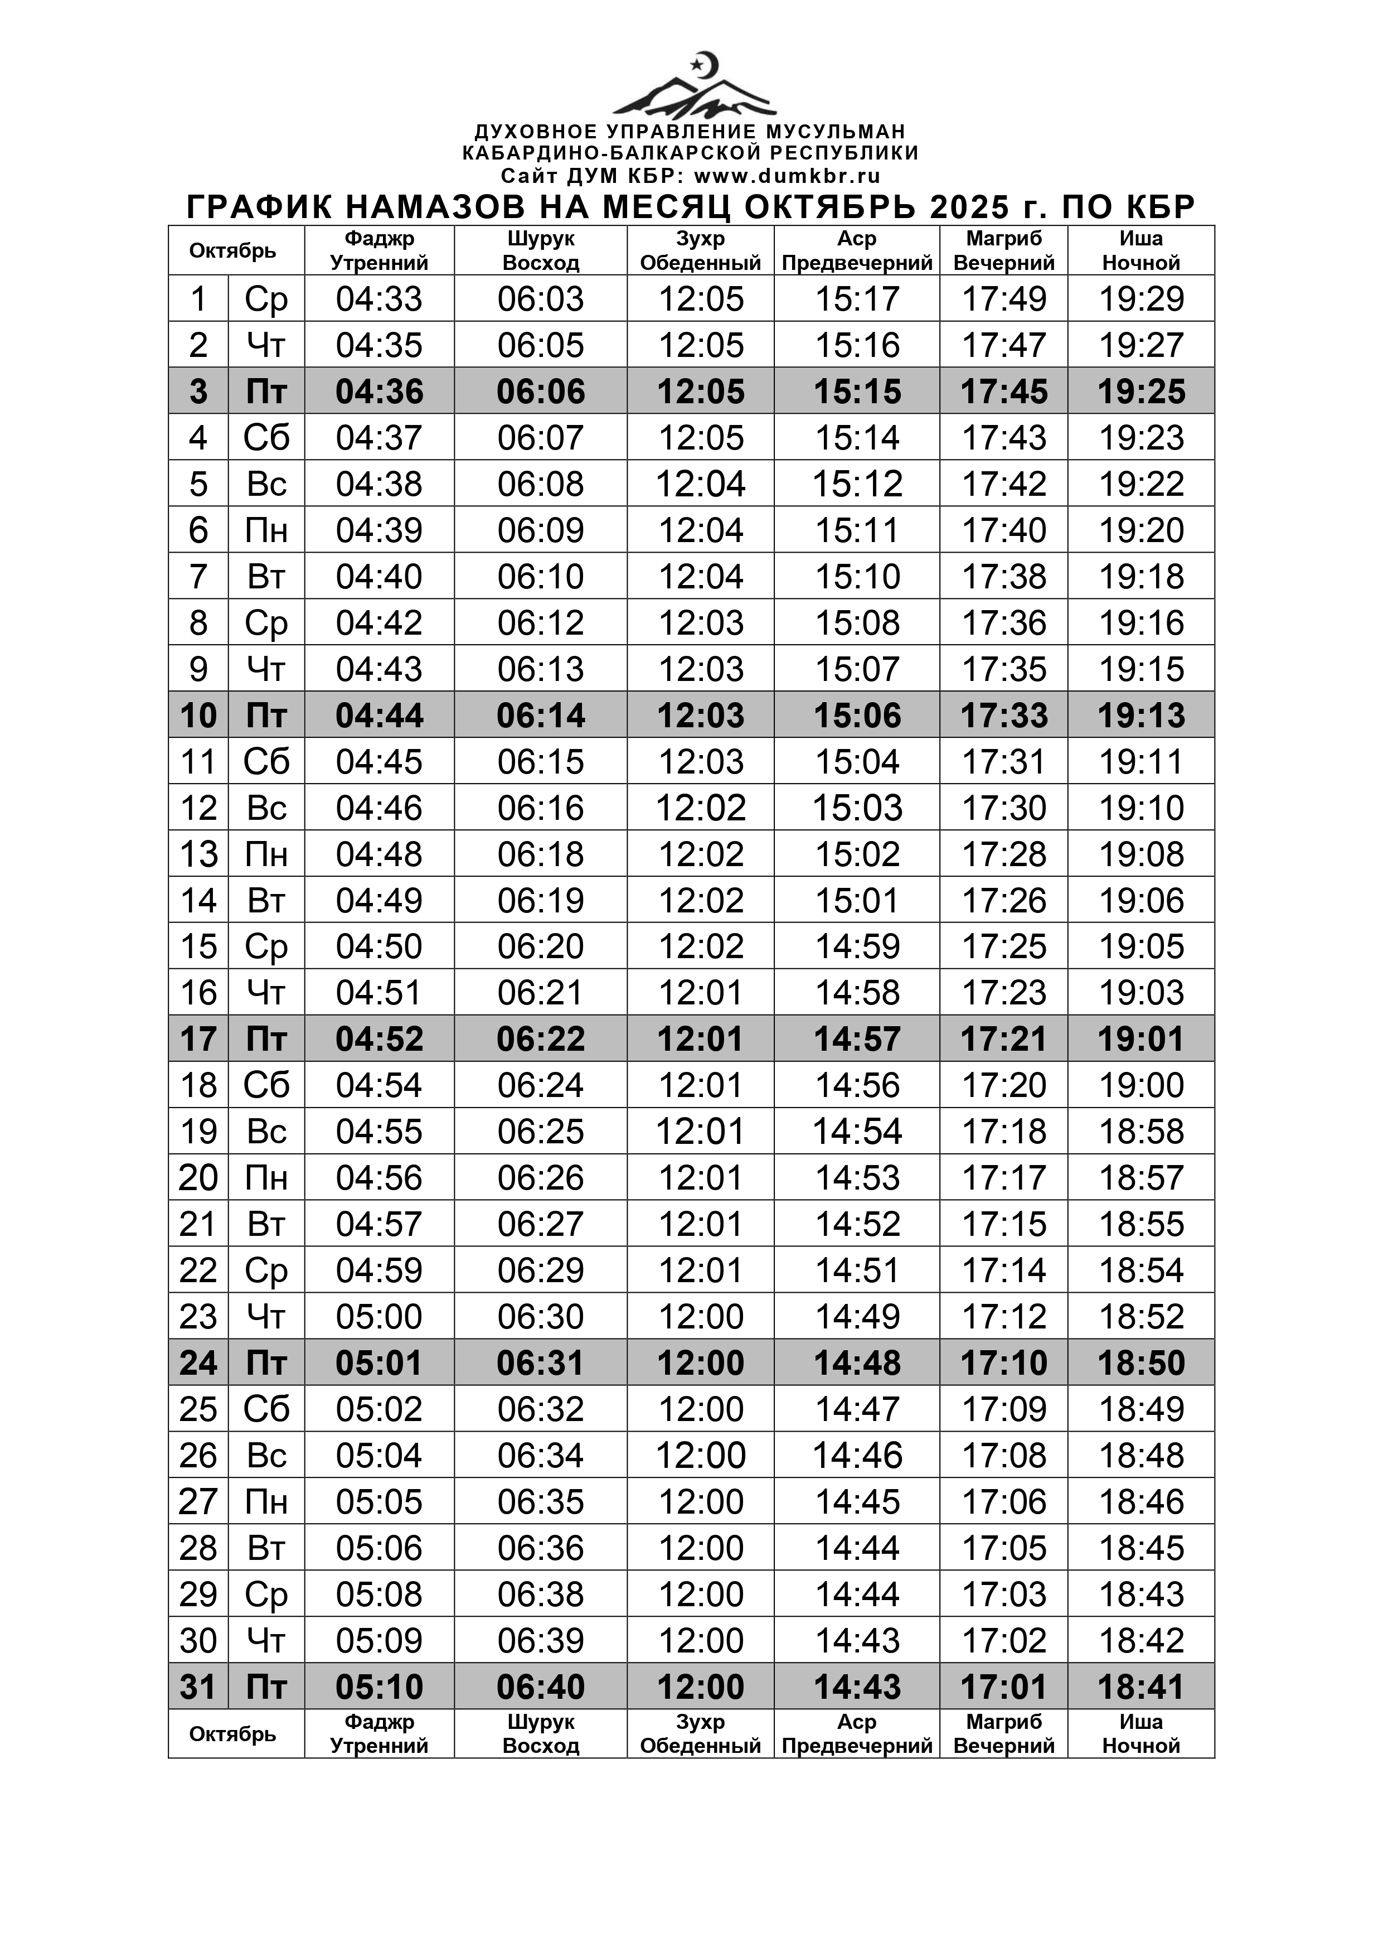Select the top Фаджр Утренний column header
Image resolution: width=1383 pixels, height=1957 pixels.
point(379,250)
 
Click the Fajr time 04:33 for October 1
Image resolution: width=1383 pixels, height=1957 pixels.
point(379,299)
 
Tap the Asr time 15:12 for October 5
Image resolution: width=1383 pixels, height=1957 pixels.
point(857,484)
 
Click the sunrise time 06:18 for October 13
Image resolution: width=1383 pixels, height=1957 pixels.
point(540,854)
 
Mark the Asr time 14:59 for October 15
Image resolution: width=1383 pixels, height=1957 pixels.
point(857,946)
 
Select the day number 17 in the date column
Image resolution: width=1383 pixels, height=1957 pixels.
point(198,1039)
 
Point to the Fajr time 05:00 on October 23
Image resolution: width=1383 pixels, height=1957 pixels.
point(379,1317)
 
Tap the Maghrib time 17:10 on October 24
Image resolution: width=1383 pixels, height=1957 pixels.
point(1004,1363)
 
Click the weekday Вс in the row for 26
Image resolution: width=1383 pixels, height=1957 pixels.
point(266,1456)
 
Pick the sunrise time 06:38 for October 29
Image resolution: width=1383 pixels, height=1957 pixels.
point(540,1594)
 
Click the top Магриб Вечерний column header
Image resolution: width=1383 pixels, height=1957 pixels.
point(1004,250)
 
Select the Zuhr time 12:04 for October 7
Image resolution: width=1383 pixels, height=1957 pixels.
point(701,577)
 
